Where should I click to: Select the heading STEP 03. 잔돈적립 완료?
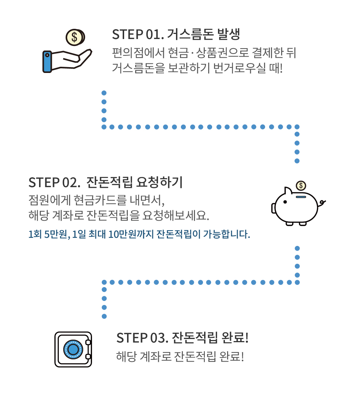click(x=182, y=337)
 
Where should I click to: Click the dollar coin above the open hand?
click(x=74, y=37)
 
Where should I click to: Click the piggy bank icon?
click(x=296, y=206)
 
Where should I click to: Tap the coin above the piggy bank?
click(x=301, y=185)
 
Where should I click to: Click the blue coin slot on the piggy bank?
click(x=301, y=197)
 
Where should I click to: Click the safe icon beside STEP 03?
click(x=73, y=349)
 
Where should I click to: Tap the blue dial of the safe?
click(x=73, y=349)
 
